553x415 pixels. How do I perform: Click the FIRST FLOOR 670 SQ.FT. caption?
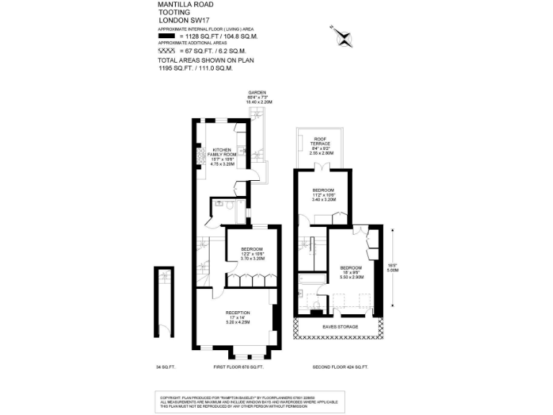[x=238, y=367]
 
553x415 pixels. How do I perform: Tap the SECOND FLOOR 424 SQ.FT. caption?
[x=340, y=367]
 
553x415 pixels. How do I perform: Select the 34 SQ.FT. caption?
[x=165, y=367]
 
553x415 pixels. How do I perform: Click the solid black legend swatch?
[x=166, y=35]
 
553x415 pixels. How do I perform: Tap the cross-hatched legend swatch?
[x=166, y=50]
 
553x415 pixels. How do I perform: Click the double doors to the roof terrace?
[x=321, y=168]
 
